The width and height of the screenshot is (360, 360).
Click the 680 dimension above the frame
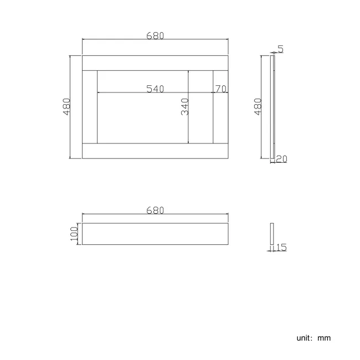[155, 35]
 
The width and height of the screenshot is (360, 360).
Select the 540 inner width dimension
[155, 89]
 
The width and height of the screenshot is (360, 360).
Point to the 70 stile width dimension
[220, 89]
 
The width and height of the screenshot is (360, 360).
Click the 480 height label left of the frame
[67, 106]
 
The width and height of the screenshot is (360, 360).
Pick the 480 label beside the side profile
[258, 106]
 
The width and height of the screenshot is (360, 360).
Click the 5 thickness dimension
[281, 49]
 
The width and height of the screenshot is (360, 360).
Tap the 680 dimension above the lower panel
[155, 210]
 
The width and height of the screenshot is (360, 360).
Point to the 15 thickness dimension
[281, 248]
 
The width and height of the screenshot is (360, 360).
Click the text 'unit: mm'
[313, 338]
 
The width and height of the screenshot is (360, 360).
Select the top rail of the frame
[155, 63]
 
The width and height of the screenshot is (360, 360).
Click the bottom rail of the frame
[155, 151]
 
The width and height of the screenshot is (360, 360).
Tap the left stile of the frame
[90, 106]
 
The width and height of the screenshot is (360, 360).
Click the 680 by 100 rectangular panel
[155, 234]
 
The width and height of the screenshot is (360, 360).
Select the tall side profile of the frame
[272, 106]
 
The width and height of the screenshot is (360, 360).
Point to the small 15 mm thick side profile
[272, 234]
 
